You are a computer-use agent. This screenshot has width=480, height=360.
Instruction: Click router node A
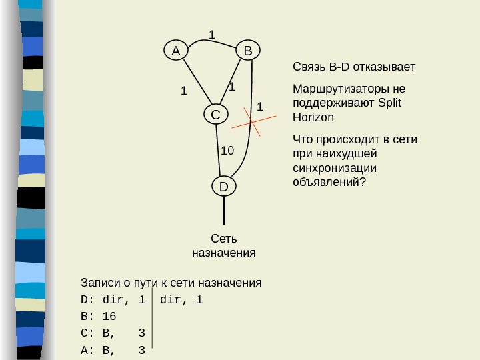click(175, 51)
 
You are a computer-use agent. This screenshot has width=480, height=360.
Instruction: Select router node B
click(247, 51)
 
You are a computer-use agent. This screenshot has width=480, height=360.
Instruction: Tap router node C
click(215, 115)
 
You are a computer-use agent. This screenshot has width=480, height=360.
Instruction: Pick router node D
click(223, 187)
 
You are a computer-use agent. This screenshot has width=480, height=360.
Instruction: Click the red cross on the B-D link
click(252, 121)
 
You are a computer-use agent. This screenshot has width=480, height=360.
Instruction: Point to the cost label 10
click(227, 151)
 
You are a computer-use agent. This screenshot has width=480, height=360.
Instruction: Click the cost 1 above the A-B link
click(212, 34)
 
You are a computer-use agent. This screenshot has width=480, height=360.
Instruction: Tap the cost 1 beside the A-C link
click(183, 91)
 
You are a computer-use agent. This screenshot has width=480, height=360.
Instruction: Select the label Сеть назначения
click(223, 245)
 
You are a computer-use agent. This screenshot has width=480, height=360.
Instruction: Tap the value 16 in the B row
click(109, 316)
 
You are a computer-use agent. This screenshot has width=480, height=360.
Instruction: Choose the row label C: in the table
click(87, 332)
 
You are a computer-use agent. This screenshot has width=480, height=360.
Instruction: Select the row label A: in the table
click(87, 348)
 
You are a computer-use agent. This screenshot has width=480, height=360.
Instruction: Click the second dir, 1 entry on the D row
click(181, 299)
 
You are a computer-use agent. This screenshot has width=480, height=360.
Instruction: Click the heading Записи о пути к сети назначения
click(171, 283)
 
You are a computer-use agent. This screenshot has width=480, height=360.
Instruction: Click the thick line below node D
click(223, 212)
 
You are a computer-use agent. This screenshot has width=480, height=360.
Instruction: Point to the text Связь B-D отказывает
click(353, 67)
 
